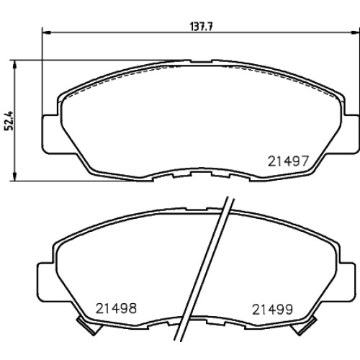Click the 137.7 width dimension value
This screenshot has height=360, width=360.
coord(202,27)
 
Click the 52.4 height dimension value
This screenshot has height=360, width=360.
coord(9,120)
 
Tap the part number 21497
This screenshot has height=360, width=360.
coord(288,161)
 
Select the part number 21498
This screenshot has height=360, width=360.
coord(116,308)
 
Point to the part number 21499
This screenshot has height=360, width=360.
coord(272,310)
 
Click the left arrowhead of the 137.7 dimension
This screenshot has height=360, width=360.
coord(47,32)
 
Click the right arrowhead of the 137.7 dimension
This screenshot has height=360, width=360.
coord(356,32)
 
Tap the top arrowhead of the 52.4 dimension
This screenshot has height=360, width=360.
coord(15,65)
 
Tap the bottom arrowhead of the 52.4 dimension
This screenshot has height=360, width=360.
coord(15,176)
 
